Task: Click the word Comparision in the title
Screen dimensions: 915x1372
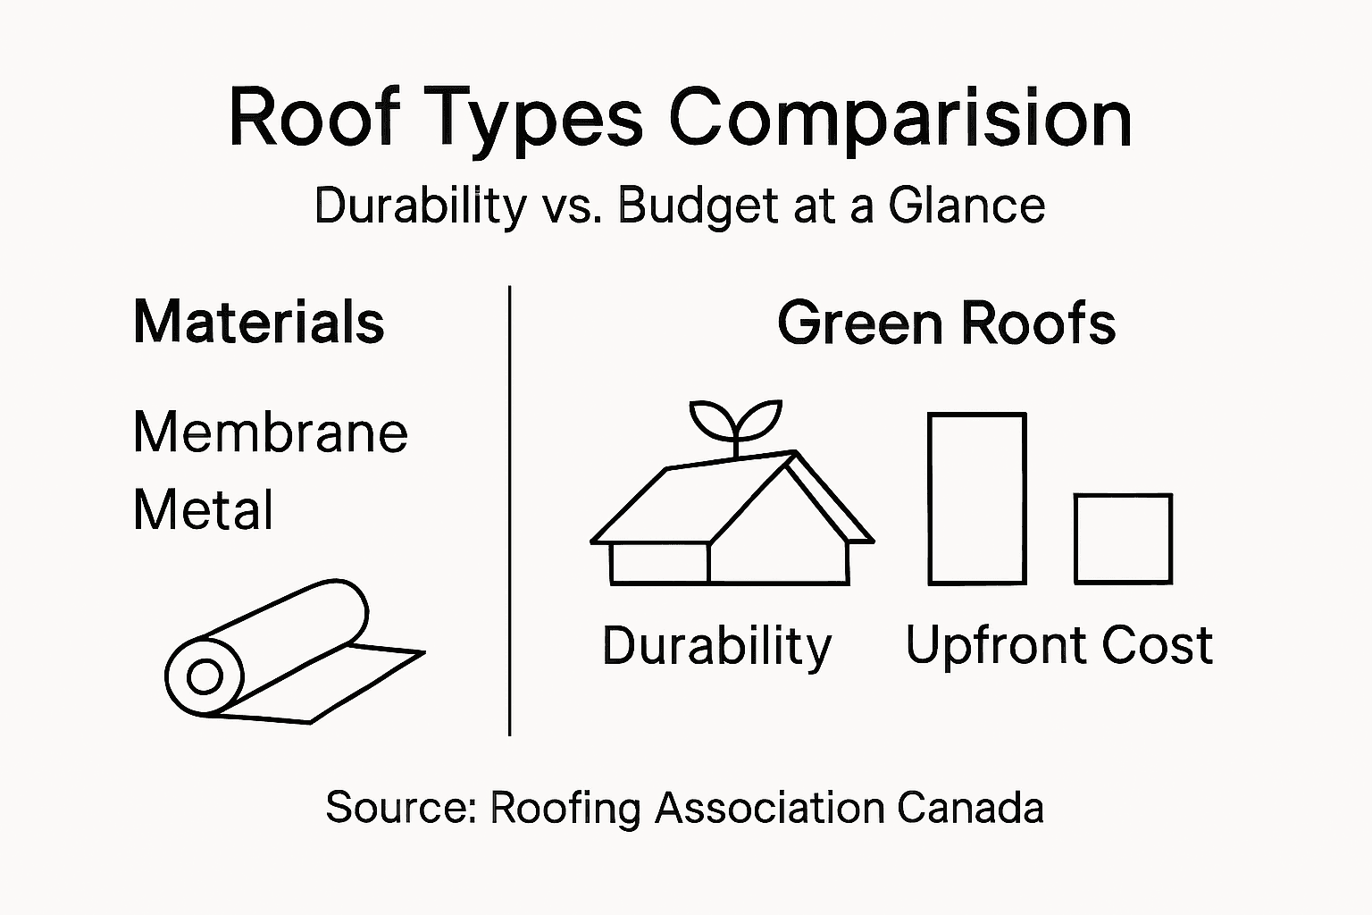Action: point(900,120)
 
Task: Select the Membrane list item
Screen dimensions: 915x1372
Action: point(270,432)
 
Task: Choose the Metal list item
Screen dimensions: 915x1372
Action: point(203,510)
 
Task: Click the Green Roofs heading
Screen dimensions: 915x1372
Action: point(946,323)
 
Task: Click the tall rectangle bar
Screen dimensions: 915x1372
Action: point(976,499)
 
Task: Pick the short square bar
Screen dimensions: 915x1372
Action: point(1123,539)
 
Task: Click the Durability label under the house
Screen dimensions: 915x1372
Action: point(716,645)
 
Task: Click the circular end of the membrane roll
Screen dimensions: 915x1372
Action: point(205,676)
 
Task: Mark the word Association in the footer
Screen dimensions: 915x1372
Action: point(768,808)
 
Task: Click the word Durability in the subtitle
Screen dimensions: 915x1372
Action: point(420,206)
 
